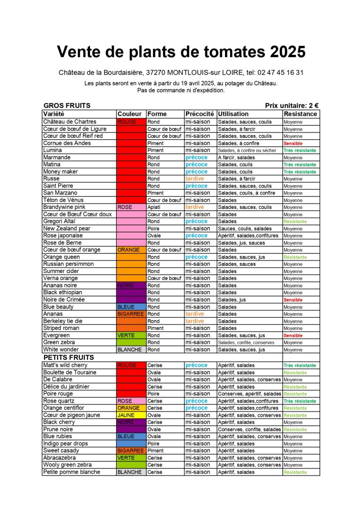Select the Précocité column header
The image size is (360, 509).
(x=200, y=114)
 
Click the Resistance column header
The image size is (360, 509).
(x=300, y=114)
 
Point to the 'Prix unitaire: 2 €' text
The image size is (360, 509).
(x=292, y=106)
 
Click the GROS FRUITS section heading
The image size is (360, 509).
(x=67, y=106)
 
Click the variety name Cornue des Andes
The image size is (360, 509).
(x=67, y=143)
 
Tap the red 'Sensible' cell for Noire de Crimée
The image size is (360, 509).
(x=293, y=300)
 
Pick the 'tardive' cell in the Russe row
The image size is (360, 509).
(x=195, y=179)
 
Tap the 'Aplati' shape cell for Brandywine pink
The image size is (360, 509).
(x=155, y=207)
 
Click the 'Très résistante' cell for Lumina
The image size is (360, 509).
(x=300, y=150)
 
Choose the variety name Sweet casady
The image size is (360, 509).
(x=61, y=451)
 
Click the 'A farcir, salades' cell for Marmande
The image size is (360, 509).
(x=237, y=157)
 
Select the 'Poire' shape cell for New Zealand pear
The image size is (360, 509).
(x=154, y=229)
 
